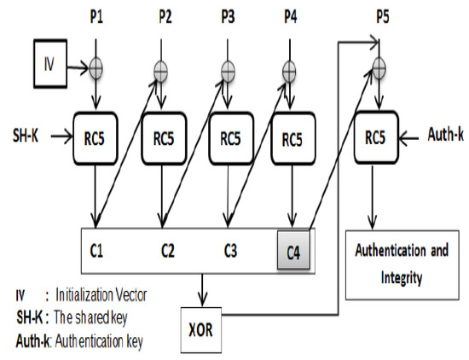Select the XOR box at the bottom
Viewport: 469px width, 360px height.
tap(206, 327)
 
